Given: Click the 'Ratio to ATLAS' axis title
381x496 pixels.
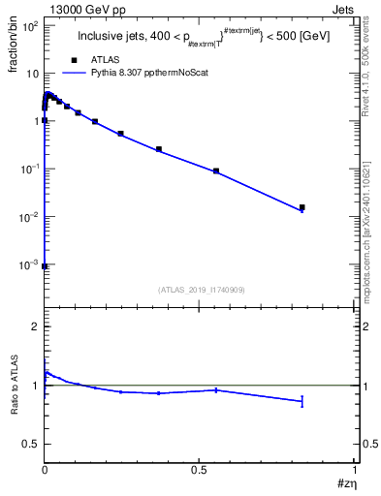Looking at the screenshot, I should click(x=15, y=386).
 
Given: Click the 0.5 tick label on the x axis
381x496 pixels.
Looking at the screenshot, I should click(x=200, y=469).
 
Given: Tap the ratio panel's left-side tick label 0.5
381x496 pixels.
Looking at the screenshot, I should click(x=32, y=444).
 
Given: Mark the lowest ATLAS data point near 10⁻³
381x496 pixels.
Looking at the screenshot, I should click(x=45, y=265).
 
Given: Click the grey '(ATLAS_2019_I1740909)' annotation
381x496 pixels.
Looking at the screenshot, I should click(x=201, y=290).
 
